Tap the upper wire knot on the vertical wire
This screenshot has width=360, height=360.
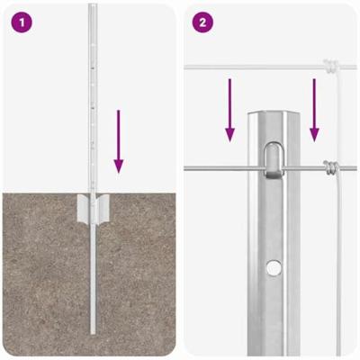click(330, 66)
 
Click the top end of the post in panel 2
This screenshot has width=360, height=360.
click(274, 117)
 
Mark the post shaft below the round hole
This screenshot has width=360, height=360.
click(275, 315)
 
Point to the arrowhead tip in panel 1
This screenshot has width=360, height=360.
click(118, 173)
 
